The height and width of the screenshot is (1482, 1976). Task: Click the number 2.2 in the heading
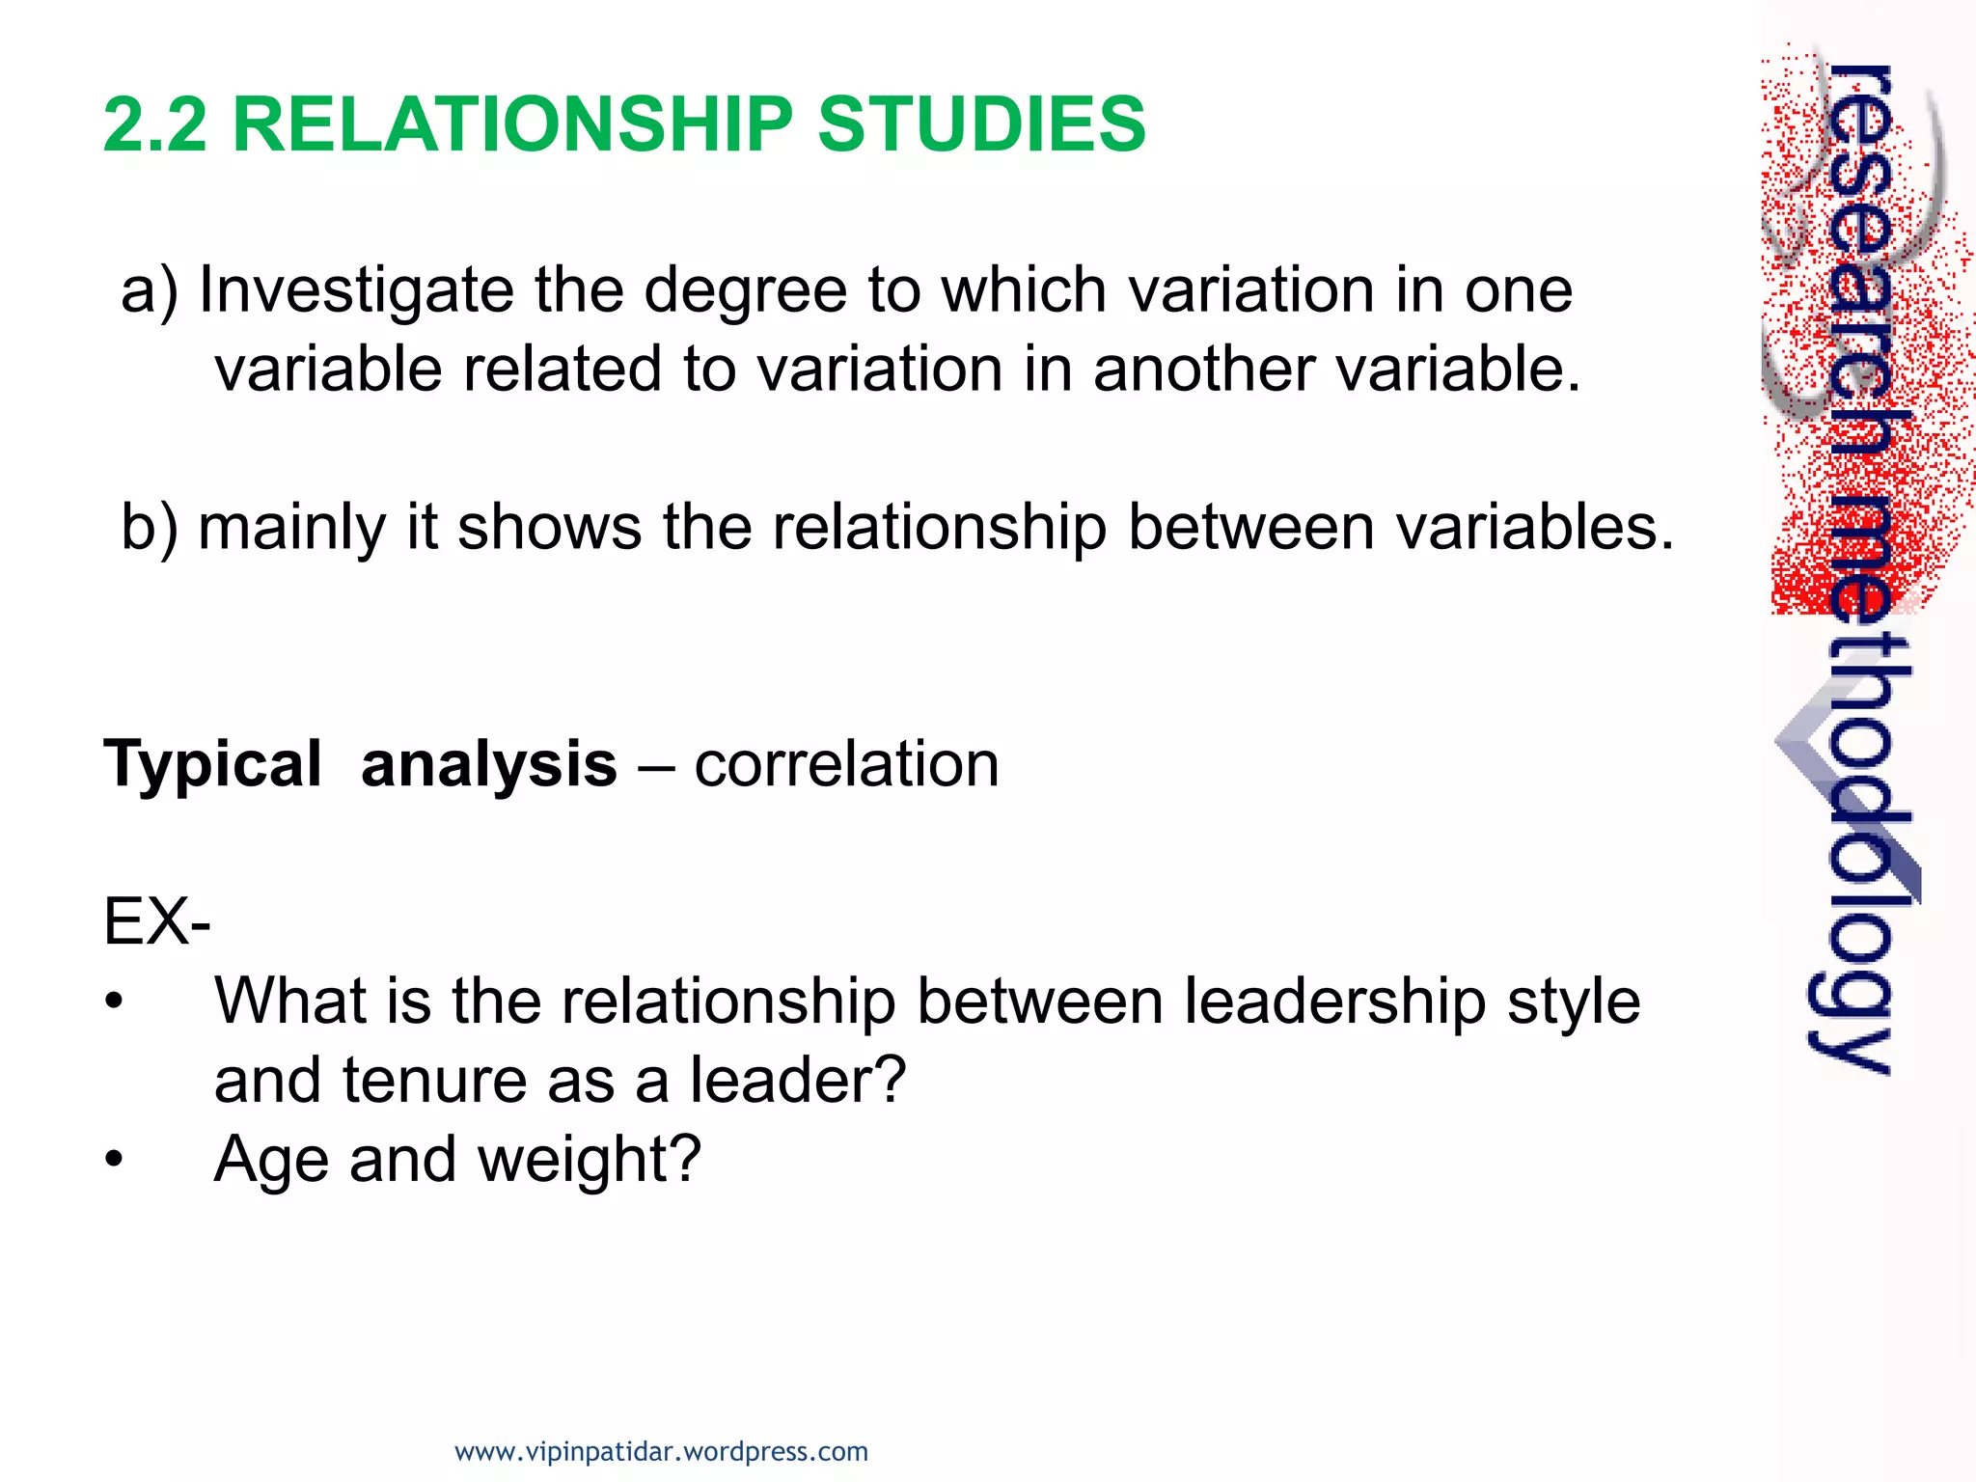coord(154,124)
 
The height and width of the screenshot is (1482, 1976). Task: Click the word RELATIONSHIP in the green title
coord(512,124)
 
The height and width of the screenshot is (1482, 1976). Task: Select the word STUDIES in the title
coord(981,124)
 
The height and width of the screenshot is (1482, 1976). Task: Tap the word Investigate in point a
coord(356,291)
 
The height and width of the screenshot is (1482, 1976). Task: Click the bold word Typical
coord(212,765)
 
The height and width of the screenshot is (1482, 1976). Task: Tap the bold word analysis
coord(488,765)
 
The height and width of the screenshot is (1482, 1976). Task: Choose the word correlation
coord(846,765)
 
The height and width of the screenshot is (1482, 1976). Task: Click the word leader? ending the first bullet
coord(798,1081)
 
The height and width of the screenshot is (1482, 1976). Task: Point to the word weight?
coord(590,1160)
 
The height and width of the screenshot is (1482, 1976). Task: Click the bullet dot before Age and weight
coord(115,1160)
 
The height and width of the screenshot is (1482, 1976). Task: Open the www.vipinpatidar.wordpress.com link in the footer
coord(661,1452)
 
